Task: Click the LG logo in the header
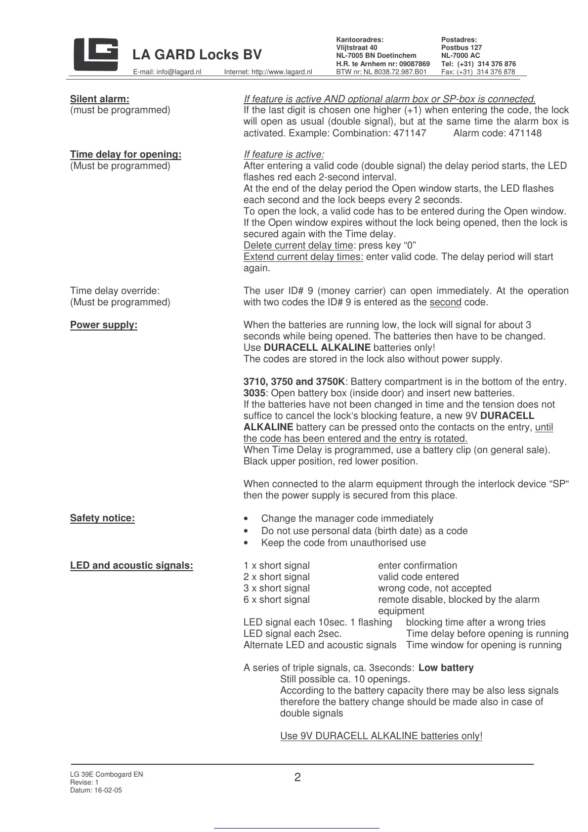click(x=96, y=54)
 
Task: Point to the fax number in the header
click(x=478, y=72)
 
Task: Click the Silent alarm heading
click(x=100, y=99)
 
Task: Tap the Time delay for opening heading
click(x=126, y=154)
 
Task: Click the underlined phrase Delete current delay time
click(x=298, y=246)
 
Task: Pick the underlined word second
click(x=445, y=302)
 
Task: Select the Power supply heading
click(x=104, y=325)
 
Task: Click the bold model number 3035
click(x=254, y=393)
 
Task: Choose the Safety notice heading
click(x=102, y=518)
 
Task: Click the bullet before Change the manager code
click(x=246, y=519)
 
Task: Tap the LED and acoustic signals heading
click(x=131, y=565)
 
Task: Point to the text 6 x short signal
click(x=277, y=599)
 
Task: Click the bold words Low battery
click(x=446, y=667)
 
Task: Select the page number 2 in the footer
click(x=297, y=777)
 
